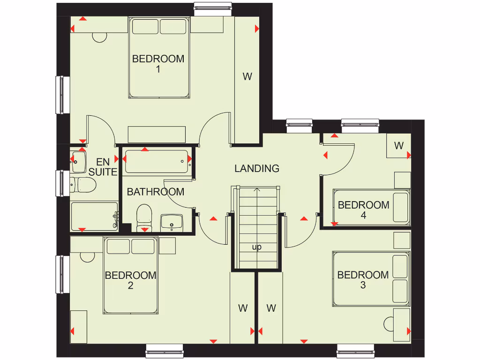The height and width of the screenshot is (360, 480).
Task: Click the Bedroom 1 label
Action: pyautogui.click(x=158, y=64)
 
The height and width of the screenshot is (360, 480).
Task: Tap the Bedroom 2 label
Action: pyautogui.click(x=130, y=280)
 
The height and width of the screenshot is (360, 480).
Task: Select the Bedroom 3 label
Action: pyautogui.click(x=363, y=280)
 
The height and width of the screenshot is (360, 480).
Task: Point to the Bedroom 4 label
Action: pyautogui.click(x=363, y=210)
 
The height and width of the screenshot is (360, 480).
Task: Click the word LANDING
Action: pyautogui.click(x=257, y=168)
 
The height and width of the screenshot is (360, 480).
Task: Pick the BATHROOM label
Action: pyautogui.click(x=155, y=192)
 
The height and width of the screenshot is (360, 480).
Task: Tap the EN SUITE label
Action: pyautogui.click(x=103, y=167)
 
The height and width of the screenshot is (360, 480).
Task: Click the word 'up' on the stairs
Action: pyautogui.click(x=256, y=247)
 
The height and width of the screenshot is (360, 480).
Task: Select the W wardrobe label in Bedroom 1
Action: pyautogui.click(x=247, y=76)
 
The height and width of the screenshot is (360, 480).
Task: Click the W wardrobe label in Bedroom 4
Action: pyautogui.click(x=398, y=146)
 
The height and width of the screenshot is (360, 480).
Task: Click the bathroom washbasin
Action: pyautogui.click(x=172, y=222)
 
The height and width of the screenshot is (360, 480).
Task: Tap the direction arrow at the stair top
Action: pyautogui.click(x=256, y=190)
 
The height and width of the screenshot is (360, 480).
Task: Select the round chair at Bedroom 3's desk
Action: pyautogui.click(x=390, y=323)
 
